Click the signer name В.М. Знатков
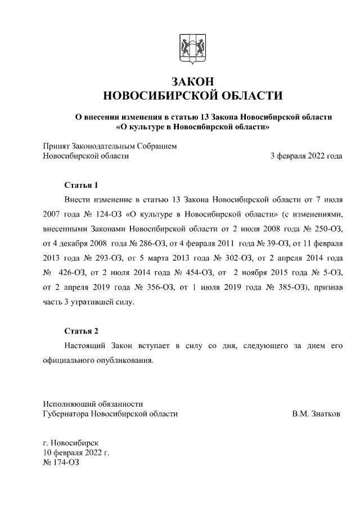(x=316, y=413)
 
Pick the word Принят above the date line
(x=58, y=146)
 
